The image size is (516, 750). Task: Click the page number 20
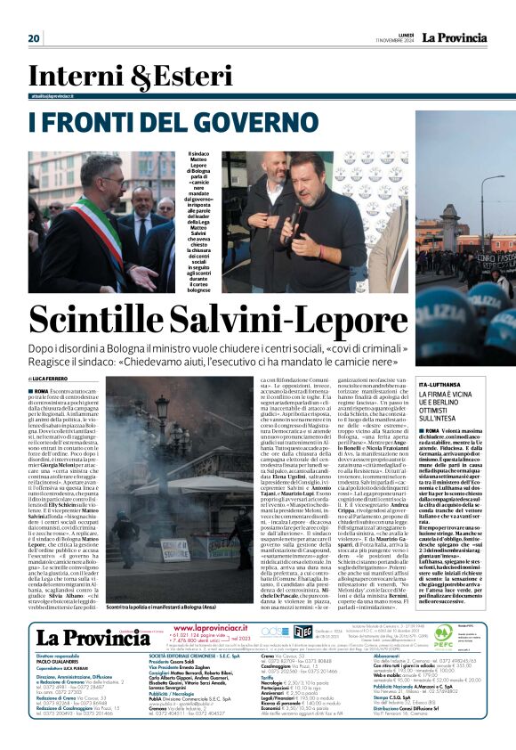(x=35, y=38)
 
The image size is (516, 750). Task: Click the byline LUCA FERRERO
(x=57, y=379)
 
